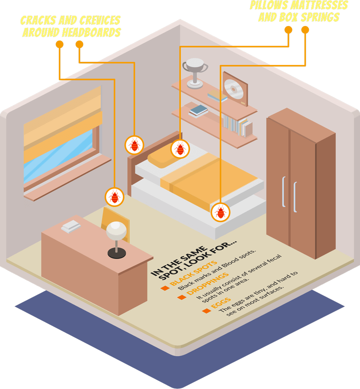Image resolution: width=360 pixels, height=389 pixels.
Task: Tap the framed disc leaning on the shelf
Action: click(235, 89)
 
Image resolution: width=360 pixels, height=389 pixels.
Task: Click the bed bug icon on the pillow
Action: click(180, 148)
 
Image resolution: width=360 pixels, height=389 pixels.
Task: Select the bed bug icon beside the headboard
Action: click(134, 145)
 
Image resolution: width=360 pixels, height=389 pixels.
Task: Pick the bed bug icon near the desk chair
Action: click(114, 197)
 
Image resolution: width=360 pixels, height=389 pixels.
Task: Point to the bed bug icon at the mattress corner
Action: click(220, 212)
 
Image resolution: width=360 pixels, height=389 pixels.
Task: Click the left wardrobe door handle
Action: click(283, 191)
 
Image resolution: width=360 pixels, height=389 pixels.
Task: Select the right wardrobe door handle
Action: click(295, 197)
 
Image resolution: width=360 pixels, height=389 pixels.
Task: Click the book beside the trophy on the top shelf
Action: click(217, 95)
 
